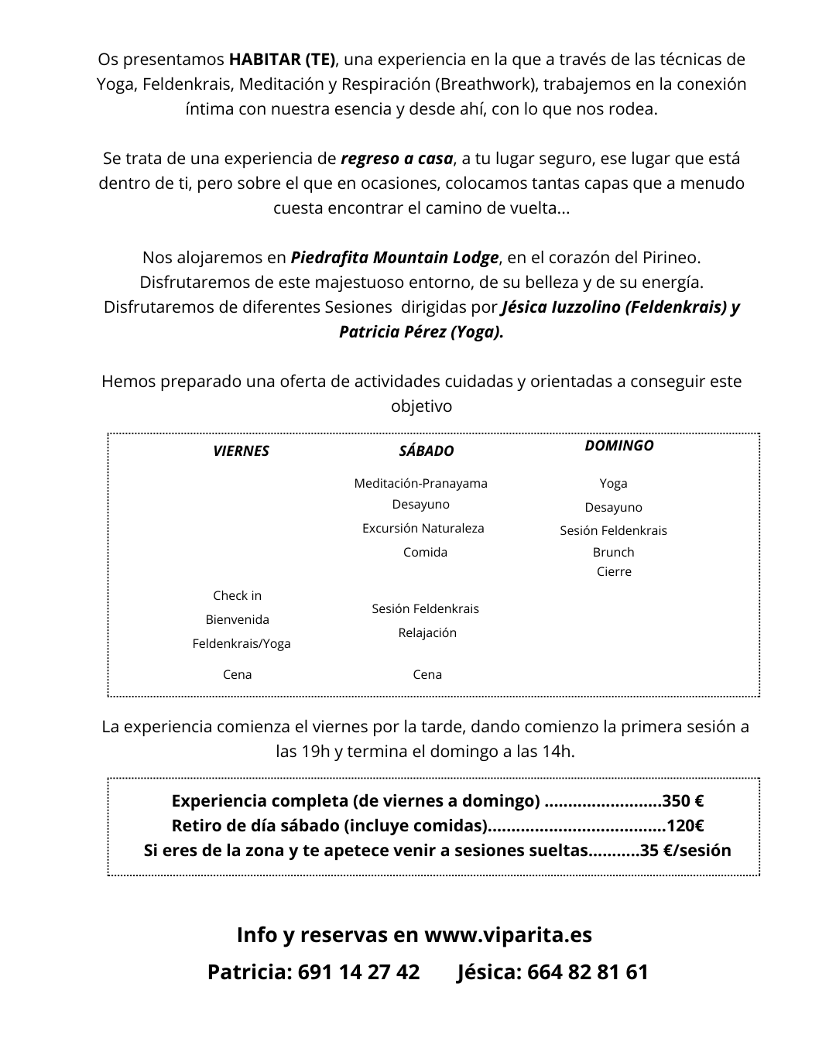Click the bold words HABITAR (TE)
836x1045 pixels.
[283, 60]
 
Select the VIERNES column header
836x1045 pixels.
[241, 451]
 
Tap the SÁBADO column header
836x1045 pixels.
[427, 451]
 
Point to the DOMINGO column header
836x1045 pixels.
[618, 445]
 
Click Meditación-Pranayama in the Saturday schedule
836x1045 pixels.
[420, 483]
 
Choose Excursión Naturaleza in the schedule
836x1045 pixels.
[423, 528]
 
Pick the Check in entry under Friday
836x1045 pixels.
[237, 595]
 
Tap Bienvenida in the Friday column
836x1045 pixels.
[237, 619]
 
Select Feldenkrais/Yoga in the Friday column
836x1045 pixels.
[242, 643]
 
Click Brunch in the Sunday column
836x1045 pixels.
[613, 552]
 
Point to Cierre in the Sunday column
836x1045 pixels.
[614, 571]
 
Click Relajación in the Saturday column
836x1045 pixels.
[427, 632]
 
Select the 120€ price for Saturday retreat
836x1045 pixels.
[685, 825]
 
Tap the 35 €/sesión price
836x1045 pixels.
[686, 850]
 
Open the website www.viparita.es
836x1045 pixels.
[509, 934]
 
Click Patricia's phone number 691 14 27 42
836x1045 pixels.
[358, 971]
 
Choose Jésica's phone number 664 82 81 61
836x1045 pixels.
[588, 971]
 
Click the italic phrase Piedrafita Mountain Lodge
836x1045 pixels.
[395, 257]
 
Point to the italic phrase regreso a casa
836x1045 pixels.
[396, 159]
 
